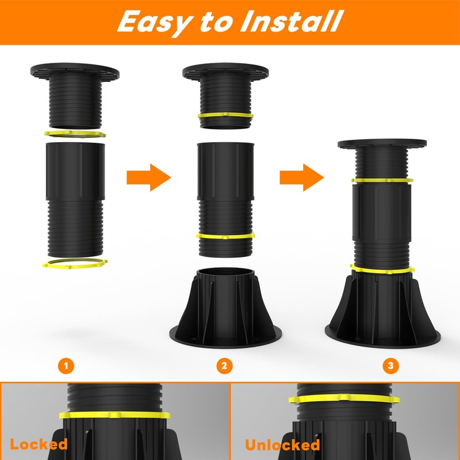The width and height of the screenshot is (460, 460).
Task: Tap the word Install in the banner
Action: point(292,21)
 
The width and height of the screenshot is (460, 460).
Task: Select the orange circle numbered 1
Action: point(66,366)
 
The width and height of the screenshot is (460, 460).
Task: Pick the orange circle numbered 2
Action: point(224,366)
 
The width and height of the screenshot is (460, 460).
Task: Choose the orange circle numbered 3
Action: point(390,366)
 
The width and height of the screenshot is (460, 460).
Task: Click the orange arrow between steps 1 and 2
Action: point(149,178)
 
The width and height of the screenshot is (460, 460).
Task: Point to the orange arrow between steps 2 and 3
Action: point(302,178)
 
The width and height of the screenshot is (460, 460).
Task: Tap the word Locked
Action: point(39,444)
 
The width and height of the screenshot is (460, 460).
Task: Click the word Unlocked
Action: point(282,444)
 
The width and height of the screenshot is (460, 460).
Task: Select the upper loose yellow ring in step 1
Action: point(75,135)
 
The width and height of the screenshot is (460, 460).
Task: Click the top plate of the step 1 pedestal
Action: point(75,71)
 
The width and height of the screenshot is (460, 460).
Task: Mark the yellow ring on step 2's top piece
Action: point(225,116)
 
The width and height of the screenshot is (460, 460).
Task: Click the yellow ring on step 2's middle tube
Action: point(225,236)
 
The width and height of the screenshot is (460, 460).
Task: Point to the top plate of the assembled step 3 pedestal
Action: point(382,143)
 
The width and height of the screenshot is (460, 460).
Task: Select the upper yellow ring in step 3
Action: point(382,181)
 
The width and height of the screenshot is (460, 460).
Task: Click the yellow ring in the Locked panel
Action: point(114,415)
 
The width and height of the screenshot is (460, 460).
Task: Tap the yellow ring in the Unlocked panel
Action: point(344,398)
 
